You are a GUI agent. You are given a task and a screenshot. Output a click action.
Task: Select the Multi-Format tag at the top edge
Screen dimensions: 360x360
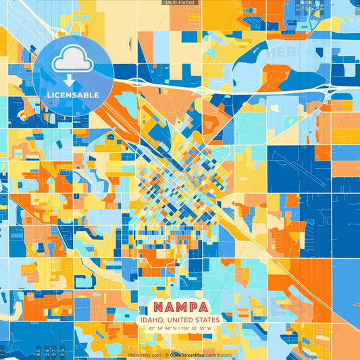point(180,3)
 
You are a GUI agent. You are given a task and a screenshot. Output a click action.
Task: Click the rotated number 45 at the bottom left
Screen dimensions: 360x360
point(38,352)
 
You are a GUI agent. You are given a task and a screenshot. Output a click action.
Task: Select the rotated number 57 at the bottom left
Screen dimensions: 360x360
point(54,352)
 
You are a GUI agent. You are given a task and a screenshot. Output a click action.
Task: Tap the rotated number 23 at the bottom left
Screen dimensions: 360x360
point(62,352)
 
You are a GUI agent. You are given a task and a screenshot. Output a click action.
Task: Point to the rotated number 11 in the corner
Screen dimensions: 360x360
point(3,352)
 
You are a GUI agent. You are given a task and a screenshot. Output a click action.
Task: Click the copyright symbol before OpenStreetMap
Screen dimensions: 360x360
point(166,355)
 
